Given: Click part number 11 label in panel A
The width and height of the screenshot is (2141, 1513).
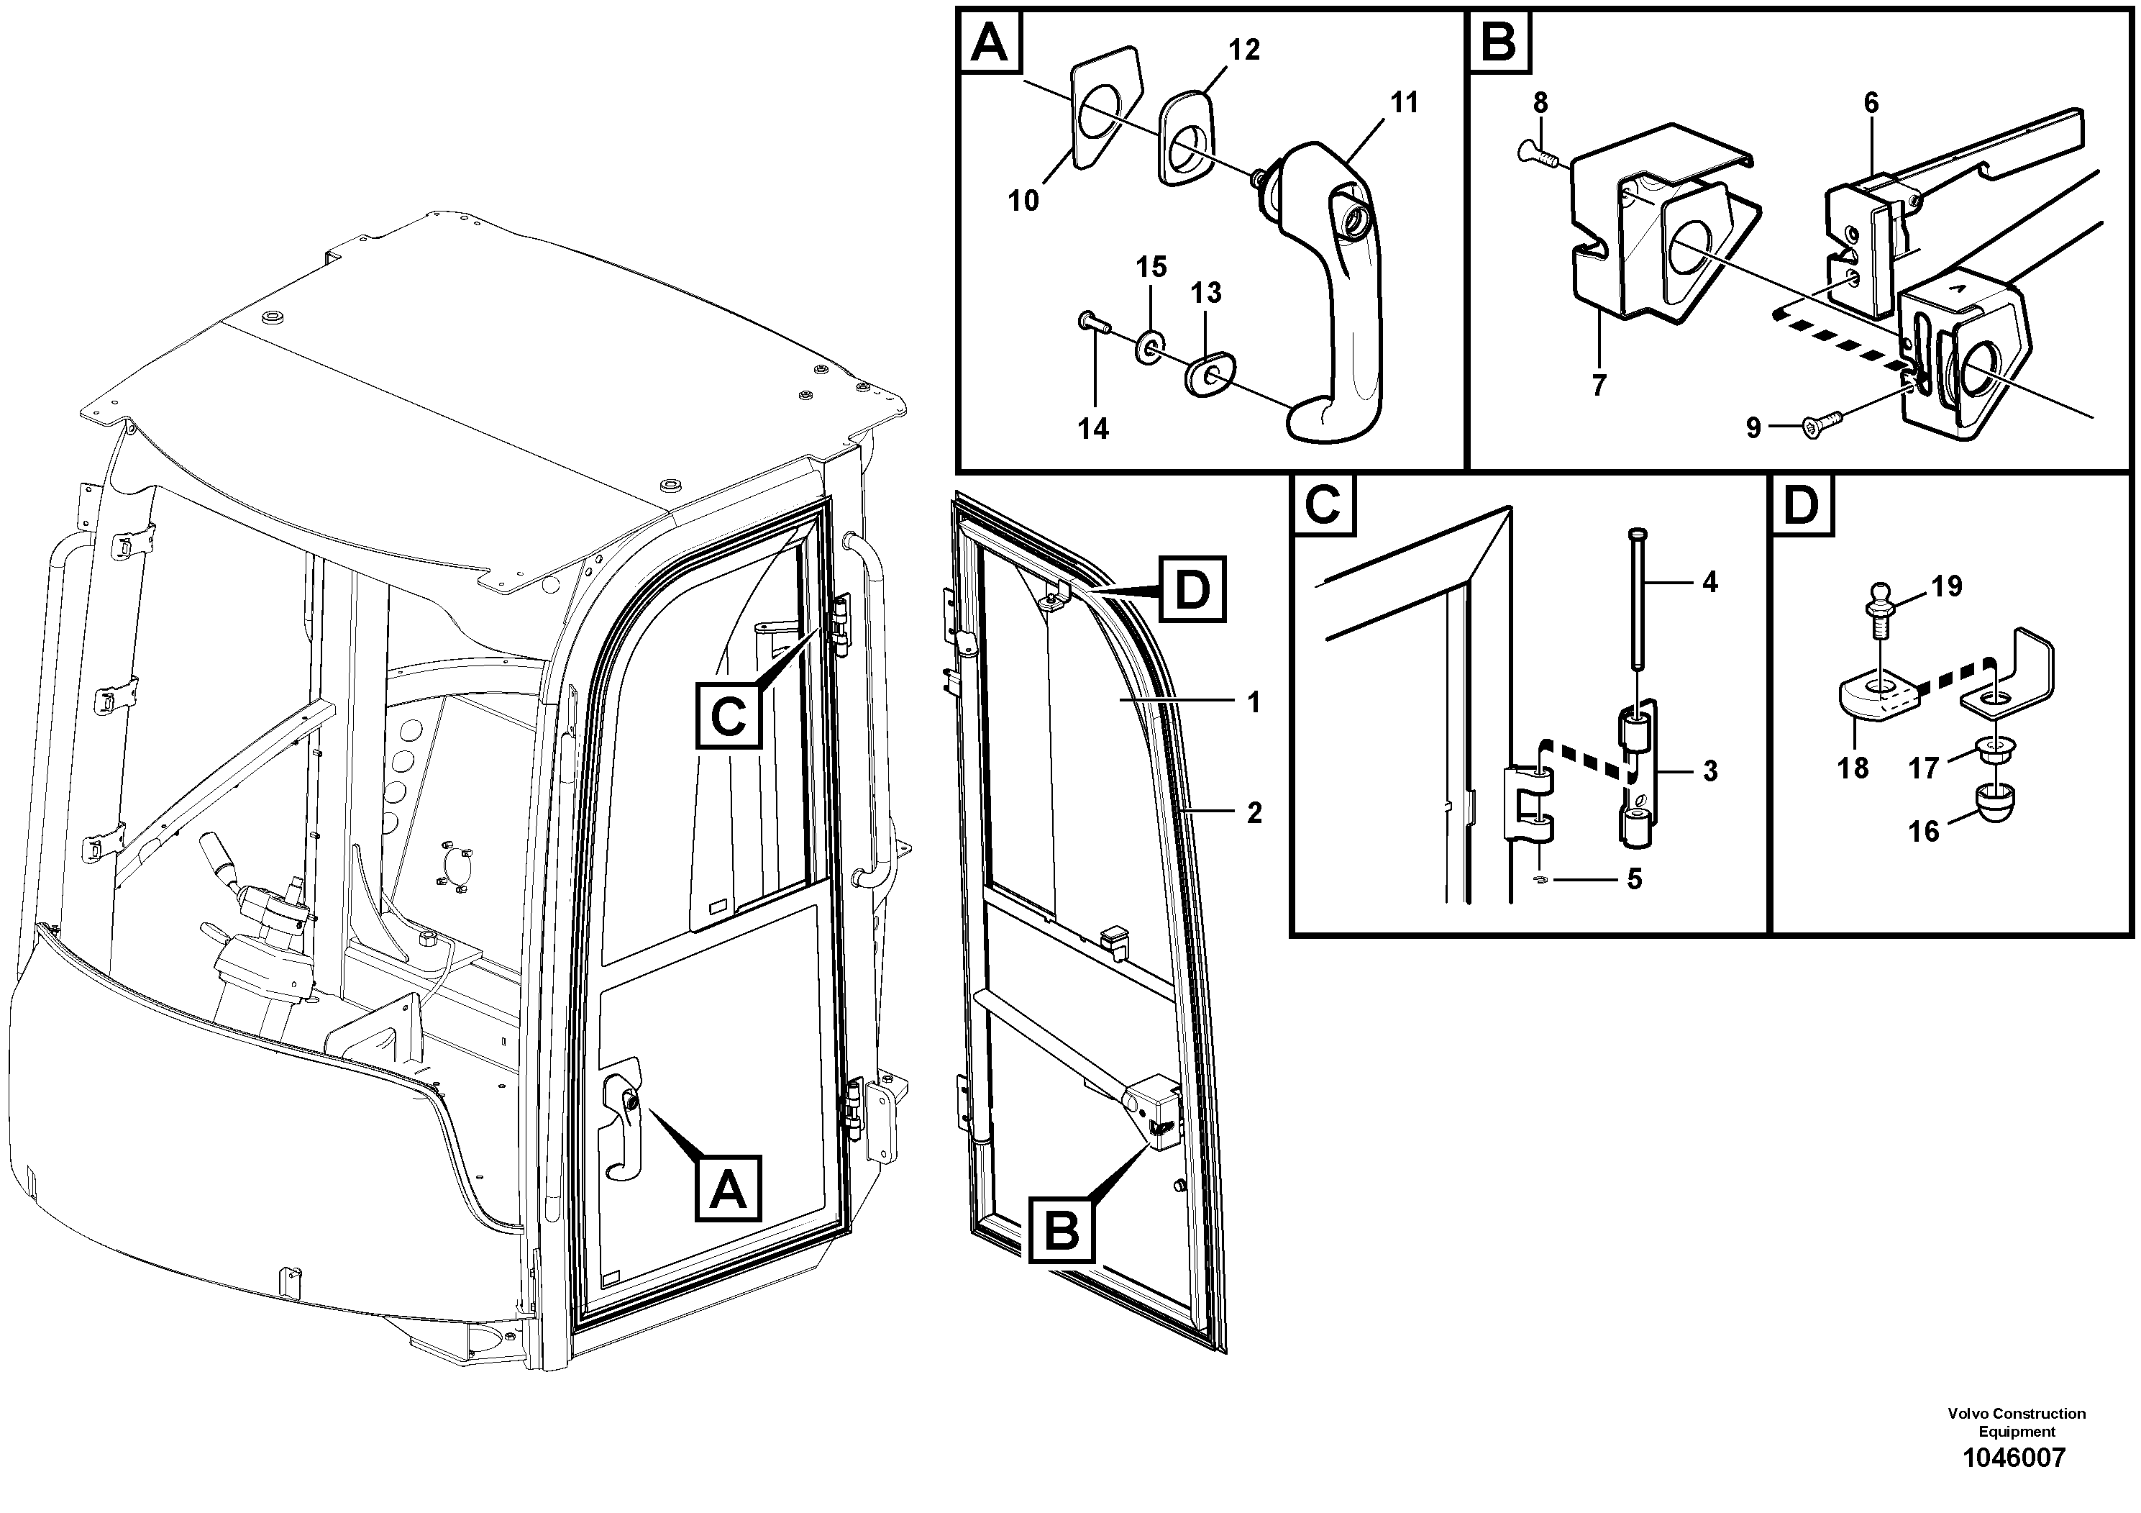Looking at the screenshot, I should pyautogui.click(x=1403, y=103).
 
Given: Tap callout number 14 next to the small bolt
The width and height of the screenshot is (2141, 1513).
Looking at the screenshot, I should pyautogui.click(x=1093, y=428).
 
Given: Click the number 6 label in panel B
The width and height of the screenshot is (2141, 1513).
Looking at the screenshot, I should pyautogui.click(x=1871, y=103).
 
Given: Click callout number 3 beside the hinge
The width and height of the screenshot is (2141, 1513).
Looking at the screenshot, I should pyautogui.click(x=1709, y=771).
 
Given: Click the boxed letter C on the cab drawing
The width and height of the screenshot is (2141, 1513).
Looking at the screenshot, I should pyautogui.click(x=729, y=717).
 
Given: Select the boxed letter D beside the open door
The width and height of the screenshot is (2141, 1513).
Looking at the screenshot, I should pyautogui.click(x=1192, y=589).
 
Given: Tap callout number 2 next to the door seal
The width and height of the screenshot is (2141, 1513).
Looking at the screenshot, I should pyautogui.click(x=1254, y=812).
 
